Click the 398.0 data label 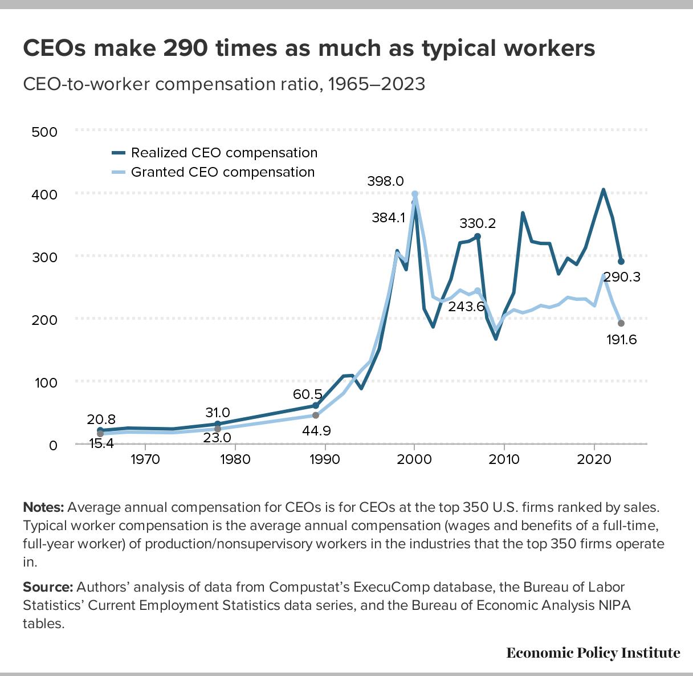point(385,181)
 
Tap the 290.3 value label point(622,277)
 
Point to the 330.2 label point(478,223)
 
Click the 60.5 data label point(308,394)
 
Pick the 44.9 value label point(316,430)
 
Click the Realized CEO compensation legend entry point(224,153)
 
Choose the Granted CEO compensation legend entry point(222,172)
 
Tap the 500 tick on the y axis point(45,132)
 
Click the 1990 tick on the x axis point(324,459)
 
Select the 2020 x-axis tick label point(594,459)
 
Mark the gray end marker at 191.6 point(621,323)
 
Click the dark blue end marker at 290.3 point(621,262)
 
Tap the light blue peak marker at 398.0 point(414,194)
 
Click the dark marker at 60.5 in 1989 point(316,406)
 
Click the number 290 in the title point(184,48)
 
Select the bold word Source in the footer point(48,587)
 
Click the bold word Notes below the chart point(43,507)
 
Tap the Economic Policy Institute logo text point(593,653)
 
